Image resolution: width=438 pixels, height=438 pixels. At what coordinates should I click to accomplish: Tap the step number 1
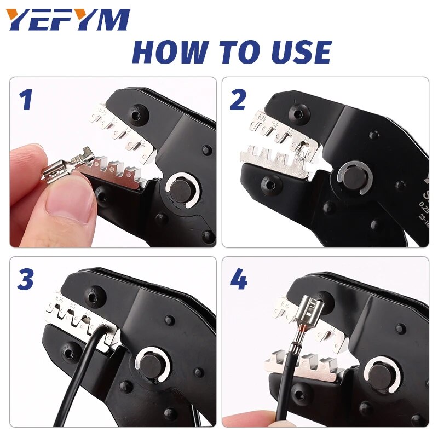click(26, 101)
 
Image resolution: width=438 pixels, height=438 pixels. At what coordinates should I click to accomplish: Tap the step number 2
click(238, 101)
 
